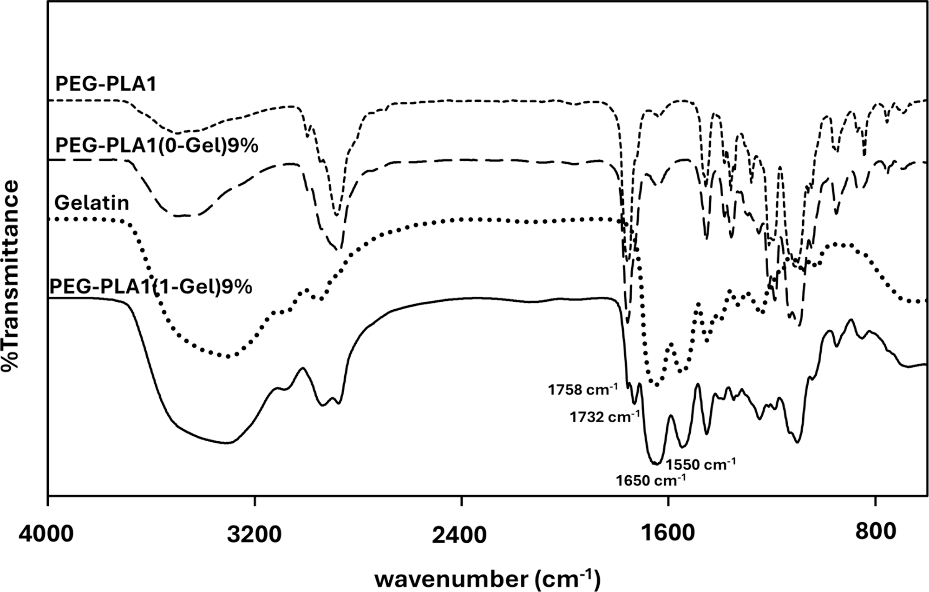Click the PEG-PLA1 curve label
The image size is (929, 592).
pyautogui.click(x=106, y=85)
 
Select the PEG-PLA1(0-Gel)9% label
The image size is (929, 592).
pyautogui.click(x=157, y=146)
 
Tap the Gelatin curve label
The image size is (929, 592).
pyautogui.click(x=92, y=203)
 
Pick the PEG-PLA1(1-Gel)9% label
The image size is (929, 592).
pyautogui.click(x=151, y=286)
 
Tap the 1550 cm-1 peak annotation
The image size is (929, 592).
pyautogui.click(x=701, y=463)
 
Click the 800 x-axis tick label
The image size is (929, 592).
pyautogui.click(x=875, y=532)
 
